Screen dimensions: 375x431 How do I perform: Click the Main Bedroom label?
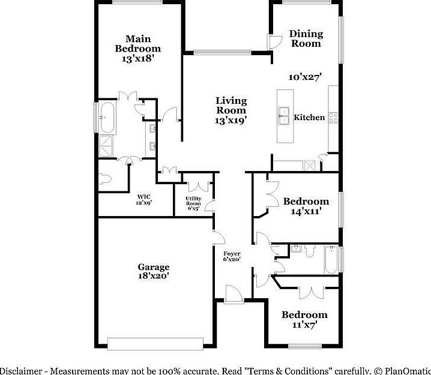pos(138,49)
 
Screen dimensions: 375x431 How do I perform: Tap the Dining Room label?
pos(306,38)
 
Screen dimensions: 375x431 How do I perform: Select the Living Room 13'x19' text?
pos(232,110)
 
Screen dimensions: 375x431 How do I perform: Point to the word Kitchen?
pos(309,118)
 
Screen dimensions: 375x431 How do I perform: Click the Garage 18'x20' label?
pos(154,271)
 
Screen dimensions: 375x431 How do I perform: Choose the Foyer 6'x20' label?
pos(232,256)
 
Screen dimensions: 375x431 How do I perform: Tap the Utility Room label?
pos(193,203)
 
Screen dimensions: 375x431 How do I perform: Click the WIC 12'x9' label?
pos(143,199)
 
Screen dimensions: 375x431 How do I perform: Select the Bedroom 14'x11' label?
pos(306,206)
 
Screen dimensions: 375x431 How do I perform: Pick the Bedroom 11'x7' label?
pos(305,319)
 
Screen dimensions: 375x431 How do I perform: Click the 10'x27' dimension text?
pos(306,77)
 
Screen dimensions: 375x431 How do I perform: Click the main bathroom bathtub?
pos(109,117)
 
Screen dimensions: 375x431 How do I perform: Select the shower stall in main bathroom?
pos(107,146)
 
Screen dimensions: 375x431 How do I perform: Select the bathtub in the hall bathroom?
pos(331,260)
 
